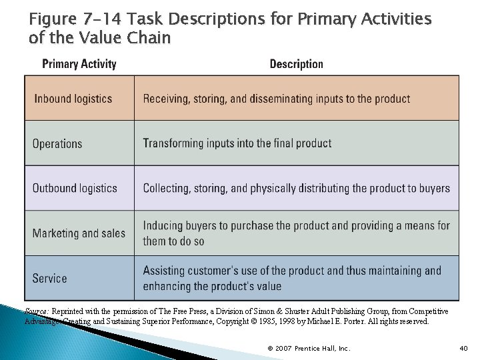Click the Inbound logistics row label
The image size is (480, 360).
[73, 99]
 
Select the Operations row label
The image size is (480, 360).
[57, 143]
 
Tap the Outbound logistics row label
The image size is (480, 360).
[75, 188]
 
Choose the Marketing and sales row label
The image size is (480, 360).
[79, 233]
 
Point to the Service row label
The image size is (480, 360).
[49, 278]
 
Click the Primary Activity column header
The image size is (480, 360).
[79, 64]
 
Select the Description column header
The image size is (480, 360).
[296, 64]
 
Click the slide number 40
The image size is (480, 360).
[464, 349]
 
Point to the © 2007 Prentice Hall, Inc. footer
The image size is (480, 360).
[308, 349]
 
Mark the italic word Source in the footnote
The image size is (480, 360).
[36, 311]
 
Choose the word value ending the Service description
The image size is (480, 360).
[267, 286]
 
